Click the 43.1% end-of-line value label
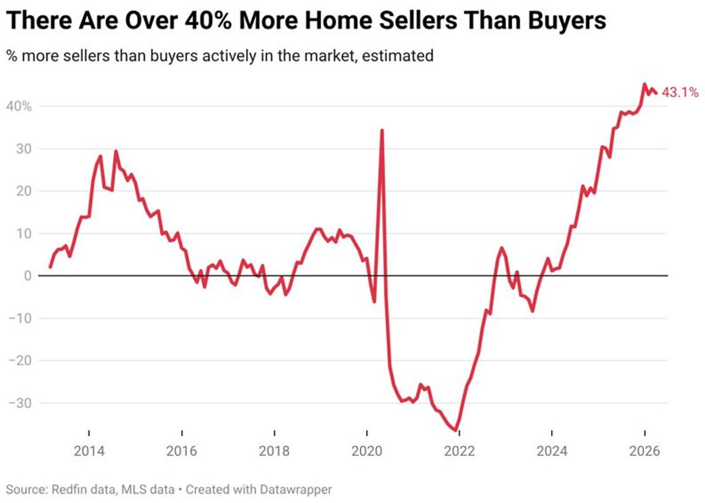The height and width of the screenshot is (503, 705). (x=680, y=92)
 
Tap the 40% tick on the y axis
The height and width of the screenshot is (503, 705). (x=19, y=106)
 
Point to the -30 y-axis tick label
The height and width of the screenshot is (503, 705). (x=19, y=403)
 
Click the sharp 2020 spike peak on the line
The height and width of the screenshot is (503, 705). (x=382, y=130)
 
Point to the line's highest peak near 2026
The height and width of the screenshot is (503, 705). (x=644, y=84)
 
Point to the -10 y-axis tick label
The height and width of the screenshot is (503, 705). (x=19, y=318)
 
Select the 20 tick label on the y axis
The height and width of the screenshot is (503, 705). (x=22, y=192)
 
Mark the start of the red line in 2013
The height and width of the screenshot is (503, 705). (x=50, y=267)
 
